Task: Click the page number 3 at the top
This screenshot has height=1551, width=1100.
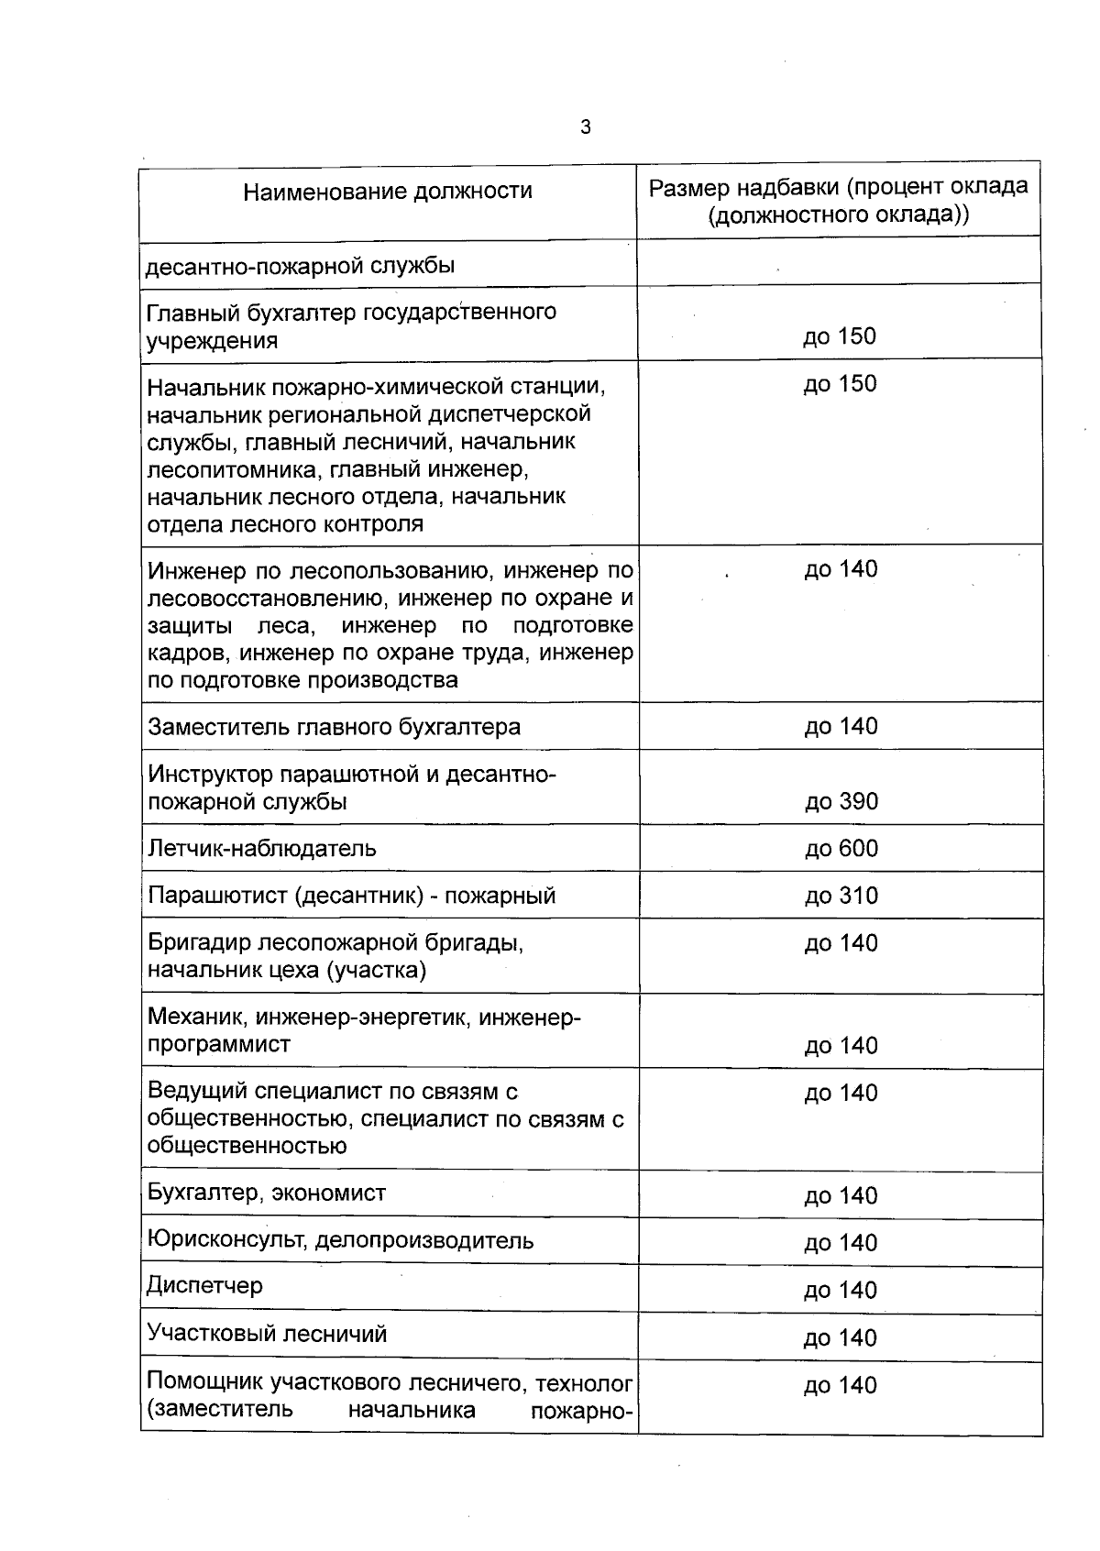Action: [x=586, y=127]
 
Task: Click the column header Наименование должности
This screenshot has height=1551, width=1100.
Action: [x=388, y=191]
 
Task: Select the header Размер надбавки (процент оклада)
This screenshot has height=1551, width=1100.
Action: [x=839, y=187]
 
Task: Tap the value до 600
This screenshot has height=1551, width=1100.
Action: [x=841, y=848]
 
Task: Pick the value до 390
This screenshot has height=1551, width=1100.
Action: [x=841, y=801]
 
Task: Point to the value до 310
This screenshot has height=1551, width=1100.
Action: [x=841, y=895]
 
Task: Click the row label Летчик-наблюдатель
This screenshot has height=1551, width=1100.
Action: [x=261, y=848]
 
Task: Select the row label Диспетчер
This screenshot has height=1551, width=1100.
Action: [x=204, y=1285]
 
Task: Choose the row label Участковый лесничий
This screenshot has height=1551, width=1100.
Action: [x=267, y=1333]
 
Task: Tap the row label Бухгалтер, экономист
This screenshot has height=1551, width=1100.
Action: [x=266, y=1193]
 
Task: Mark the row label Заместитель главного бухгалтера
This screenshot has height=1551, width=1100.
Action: [x=334, y=727]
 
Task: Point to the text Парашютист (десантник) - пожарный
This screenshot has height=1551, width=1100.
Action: [x=351, y=895]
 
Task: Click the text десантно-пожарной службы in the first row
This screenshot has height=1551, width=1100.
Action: [x=301, y=266]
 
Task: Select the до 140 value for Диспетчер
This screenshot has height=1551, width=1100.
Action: [x=841, y=1290]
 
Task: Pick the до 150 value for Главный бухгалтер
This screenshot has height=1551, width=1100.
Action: [x=840, y=336]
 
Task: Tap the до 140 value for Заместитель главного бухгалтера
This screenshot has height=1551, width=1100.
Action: [x=841, y=726]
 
